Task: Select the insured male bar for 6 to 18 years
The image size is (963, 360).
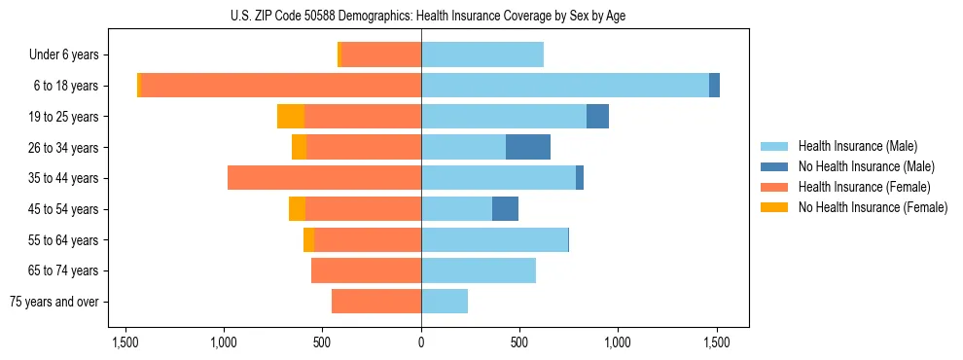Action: coord(564,86)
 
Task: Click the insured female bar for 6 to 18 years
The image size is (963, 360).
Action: coord(281,86)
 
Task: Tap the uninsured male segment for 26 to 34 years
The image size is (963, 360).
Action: coord(528,147)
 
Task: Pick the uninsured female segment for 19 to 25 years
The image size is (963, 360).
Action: coord(291,117)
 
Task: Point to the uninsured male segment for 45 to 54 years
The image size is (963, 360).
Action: coord(505,209)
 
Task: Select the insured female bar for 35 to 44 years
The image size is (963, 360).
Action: coord(324,178)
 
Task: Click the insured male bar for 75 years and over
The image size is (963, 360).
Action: coord(445,302)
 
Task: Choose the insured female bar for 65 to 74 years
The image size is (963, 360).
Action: coord(366,270)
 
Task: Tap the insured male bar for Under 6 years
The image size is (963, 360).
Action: coord(482,54)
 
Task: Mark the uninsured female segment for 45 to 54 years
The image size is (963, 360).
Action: coord(297,209)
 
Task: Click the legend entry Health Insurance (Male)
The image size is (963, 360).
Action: coord(857,146)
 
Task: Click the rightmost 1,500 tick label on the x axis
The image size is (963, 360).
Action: coord(717,342)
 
